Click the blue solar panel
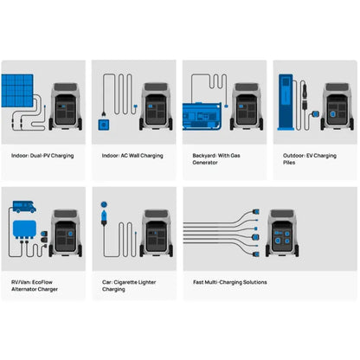(17, 91)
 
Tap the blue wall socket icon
(104, 125)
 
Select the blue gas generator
(202, 116)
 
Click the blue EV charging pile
(286, 102)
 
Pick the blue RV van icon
(24, 207)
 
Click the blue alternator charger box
(24, 229)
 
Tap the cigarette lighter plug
(104, 217)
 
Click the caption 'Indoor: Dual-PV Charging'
(42, 156)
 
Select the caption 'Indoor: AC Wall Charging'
(132, 156)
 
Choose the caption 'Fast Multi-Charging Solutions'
(230, 282)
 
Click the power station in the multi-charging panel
(282, 234)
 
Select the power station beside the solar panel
(66, 106)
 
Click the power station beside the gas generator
(247, 106)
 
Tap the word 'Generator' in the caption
(205, 163)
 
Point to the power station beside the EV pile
(337, 106)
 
